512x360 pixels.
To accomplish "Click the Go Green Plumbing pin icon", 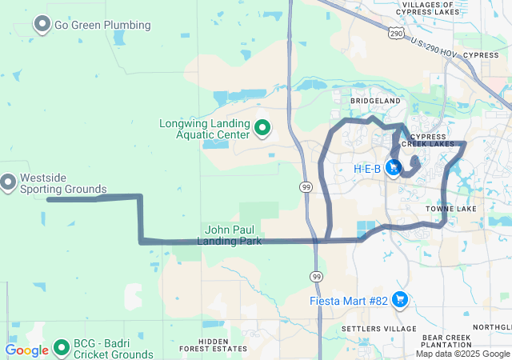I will (42, 25).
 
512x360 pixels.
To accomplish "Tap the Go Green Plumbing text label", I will (102, 25).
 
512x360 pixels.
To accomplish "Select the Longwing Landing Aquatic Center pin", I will (262, 127).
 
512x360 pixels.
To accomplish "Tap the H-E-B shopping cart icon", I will (393, 168).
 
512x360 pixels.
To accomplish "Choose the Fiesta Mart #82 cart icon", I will (400, 301).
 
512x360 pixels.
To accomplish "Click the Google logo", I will (26, 350).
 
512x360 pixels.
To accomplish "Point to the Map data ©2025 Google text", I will (463, 353).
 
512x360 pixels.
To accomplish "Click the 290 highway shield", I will (396, 33).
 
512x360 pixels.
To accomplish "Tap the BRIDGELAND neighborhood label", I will (374, 102).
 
